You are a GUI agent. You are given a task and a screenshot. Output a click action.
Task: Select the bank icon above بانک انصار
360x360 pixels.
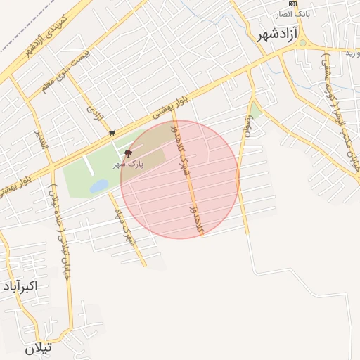coord(292,4)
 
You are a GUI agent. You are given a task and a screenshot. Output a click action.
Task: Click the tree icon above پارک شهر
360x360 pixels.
coord(128,153)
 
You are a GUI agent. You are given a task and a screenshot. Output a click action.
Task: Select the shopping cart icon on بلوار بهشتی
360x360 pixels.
coord(112,131)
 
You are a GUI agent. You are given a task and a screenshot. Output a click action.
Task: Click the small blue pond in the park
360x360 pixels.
coord(98,186)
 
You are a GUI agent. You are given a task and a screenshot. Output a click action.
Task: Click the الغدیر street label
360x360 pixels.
coord(39,139)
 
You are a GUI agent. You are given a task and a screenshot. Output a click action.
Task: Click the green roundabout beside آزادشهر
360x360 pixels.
coord(302,43)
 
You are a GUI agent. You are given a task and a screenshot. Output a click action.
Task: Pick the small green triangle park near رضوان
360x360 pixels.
coord(255,111)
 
